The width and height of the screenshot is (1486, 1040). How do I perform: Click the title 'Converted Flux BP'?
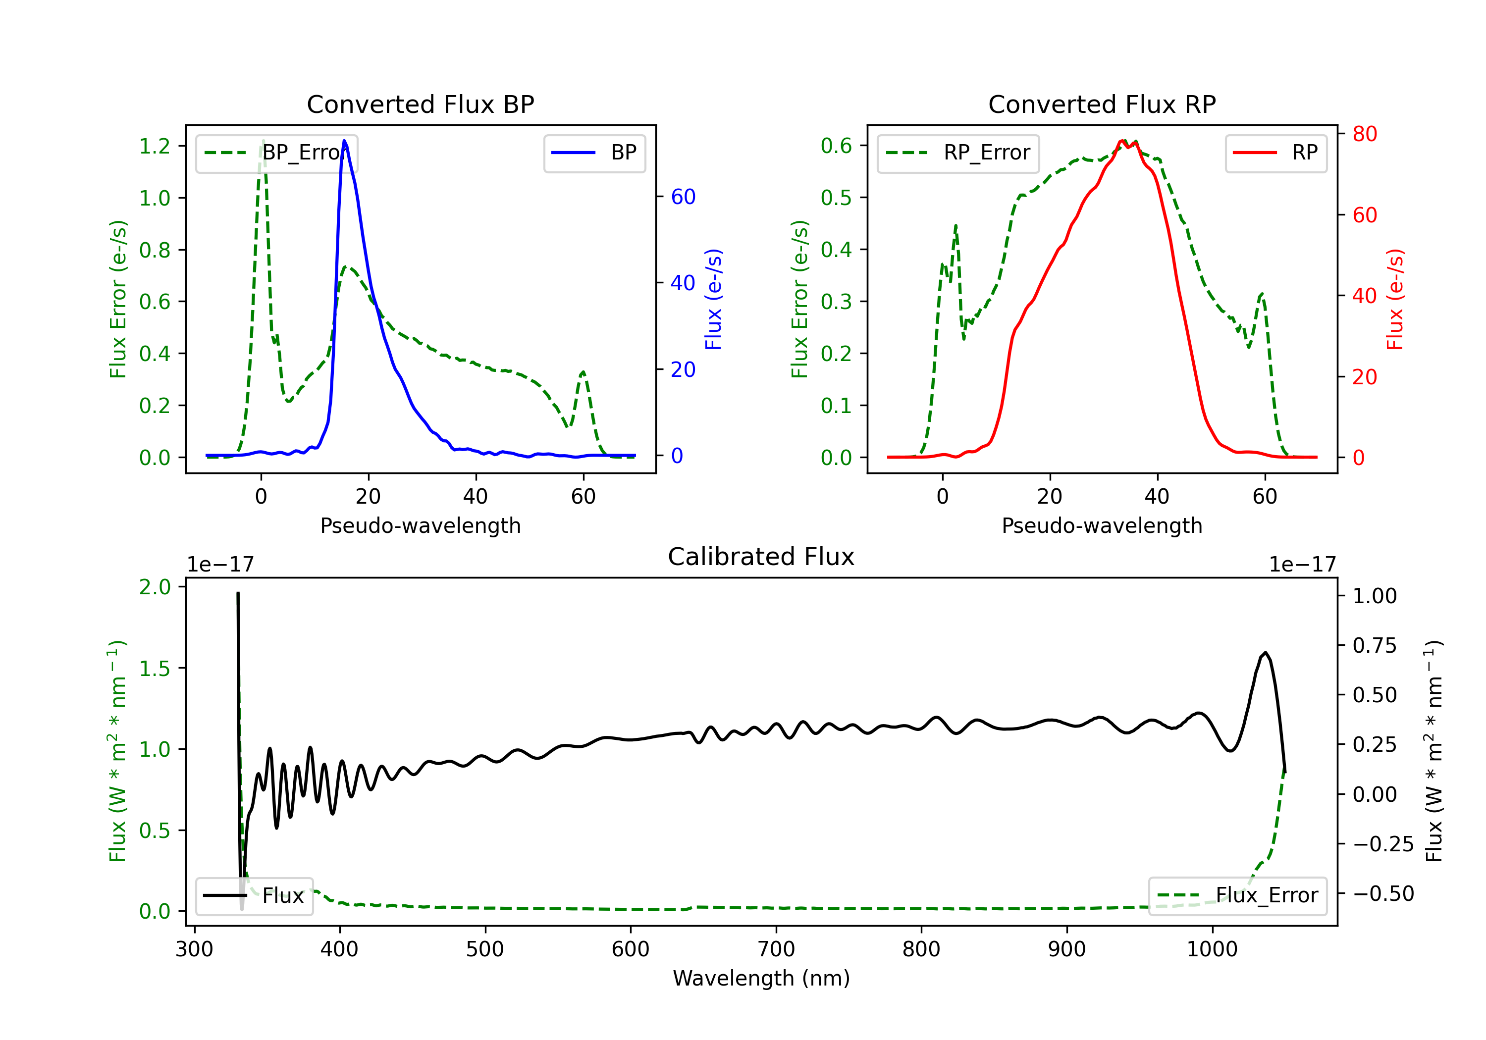tap(421, 104)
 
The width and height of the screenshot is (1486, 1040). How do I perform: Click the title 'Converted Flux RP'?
tap(1102, 104)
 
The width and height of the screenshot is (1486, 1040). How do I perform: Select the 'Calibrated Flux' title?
tap(761, 557)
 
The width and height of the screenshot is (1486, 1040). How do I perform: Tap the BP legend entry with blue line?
tap(594, 153)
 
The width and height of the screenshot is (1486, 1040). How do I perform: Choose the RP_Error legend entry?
tap(958, 153)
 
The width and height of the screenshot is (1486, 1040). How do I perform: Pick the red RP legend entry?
tap(1275, 153)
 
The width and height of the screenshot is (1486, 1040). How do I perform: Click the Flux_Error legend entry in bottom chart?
tap(1237, 896)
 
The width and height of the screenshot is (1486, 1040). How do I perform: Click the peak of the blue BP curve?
tap(344, 141)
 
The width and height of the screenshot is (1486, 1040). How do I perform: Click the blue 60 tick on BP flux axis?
tap(683, 197)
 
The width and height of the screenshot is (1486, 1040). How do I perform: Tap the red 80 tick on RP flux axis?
tap(1364, 134)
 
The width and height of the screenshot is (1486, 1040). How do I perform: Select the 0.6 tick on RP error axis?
tap(836, 146)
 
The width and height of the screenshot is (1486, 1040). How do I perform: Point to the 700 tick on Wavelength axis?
tap(776, 949)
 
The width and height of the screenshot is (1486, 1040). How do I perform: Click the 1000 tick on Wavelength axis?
tap(1212, 949)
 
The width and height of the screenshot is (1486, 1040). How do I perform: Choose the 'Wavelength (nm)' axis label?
tap(761, 978)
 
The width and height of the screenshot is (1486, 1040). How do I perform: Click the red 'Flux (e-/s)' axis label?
tap(1395, 299)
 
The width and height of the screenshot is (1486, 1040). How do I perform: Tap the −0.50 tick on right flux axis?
tap(1383, 894)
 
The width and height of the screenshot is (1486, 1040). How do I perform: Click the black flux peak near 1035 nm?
tap(1265, 652)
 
